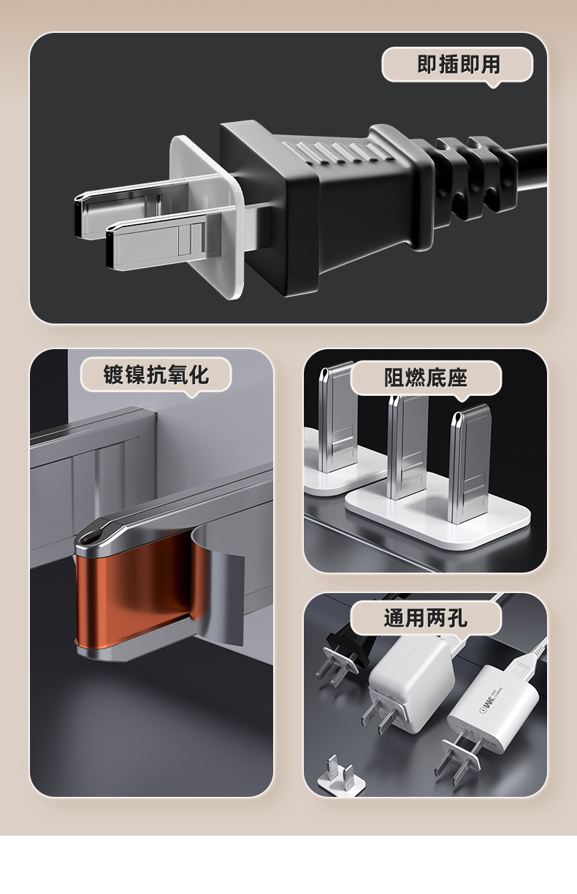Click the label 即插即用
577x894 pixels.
click(459, 65)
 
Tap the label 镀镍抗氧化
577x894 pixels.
click(156, 375)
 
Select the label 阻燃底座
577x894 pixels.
click(426, 378)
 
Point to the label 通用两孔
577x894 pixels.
click(426, 618)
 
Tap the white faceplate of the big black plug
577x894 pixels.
click(207, 215)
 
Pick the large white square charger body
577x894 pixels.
click(411, 679)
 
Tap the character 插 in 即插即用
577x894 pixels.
click(448, 65)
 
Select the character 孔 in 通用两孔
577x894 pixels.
click(457, 618)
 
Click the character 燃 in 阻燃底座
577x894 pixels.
click(416, 378)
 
